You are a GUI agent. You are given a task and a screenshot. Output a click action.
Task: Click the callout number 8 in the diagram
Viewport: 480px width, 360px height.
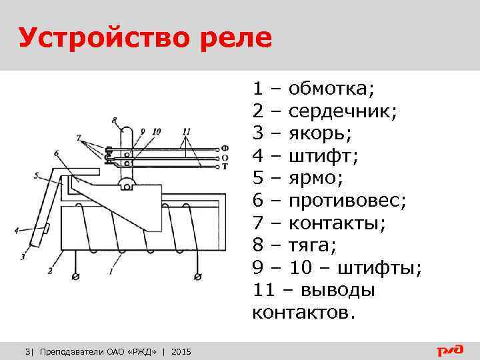pyautogui.click(x=115, y=121)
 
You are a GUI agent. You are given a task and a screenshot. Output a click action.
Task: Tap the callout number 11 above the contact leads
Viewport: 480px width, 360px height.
pyautogui.click(x=186, y=131)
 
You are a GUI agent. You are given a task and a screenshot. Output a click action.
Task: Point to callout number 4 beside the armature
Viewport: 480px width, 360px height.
pyautogui.click(x=16, y=231)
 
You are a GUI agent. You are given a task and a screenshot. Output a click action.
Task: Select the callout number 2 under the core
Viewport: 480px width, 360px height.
pyautogui.click(x=49, y=271)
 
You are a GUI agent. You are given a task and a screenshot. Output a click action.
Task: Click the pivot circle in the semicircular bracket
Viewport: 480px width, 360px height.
pyautogui.click(x=125, y=185)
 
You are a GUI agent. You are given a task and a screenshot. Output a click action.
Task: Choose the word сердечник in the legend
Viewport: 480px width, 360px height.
pyautogui.click(x=343, y=109)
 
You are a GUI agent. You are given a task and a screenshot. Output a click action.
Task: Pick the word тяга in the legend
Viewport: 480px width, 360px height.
pyautogui.click(x=310, y=246)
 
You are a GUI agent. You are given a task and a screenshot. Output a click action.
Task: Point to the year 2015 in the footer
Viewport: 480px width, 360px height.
pyautogui.click(x=181, y=351)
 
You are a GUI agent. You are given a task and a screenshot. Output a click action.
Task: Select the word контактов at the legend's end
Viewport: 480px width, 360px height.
pyautogui.click(x=300, y=313)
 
